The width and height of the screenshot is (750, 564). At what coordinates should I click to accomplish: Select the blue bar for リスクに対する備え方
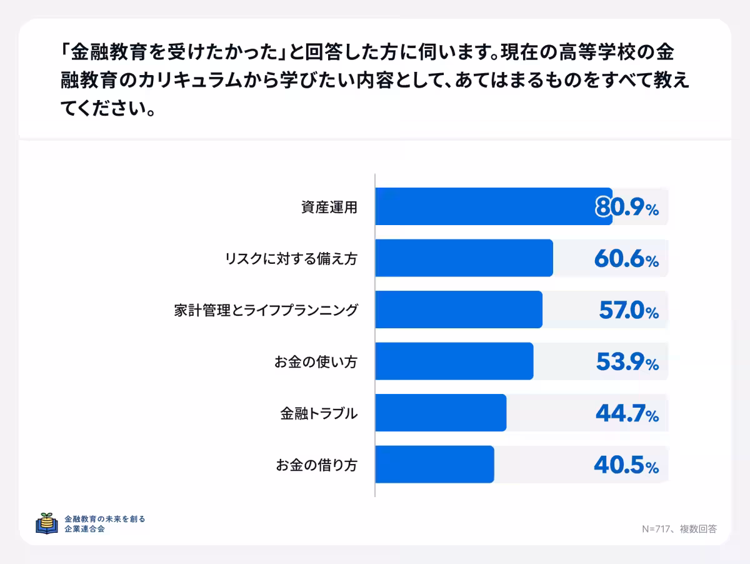pyautogui.click(x=464, y=258)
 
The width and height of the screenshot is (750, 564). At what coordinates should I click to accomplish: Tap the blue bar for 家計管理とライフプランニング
pyautogui.click(x=459, y=310)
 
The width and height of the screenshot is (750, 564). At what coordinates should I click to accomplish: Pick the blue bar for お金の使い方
pyautogui.click(x=454, y=361)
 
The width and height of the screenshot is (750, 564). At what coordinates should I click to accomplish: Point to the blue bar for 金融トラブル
pyautogui.click(x=441, y=413)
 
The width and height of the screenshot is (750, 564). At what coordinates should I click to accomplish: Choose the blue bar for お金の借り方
pyautogui.click(x=434, y=464)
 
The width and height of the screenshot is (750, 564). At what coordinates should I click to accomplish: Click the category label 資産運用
pyautogui.click(x=329, y=207)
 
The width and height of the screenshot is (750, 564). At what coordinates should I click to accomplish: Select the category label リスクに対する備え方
pyautogui.click(x=291, y=258)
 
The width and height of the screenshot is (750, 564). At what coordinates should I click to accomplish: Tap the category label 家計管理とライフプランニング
pyautogui.click(x=266, y=310)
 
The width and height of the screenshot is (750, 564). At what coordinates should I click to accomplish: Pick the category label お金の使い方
pyautogui.click(x=316, y=361)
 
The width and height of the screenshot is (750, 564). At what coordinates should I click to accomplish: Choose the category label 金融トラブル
pyautogui.click(x=319, y=413)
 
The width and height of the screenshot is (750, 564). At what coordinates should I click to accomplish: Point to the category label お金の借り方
pyautogui.click(x=316, y=465)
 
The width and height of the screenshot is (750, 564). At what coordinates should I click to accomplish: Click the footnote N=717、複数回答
pyautogui.click(x=679, y=528)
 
